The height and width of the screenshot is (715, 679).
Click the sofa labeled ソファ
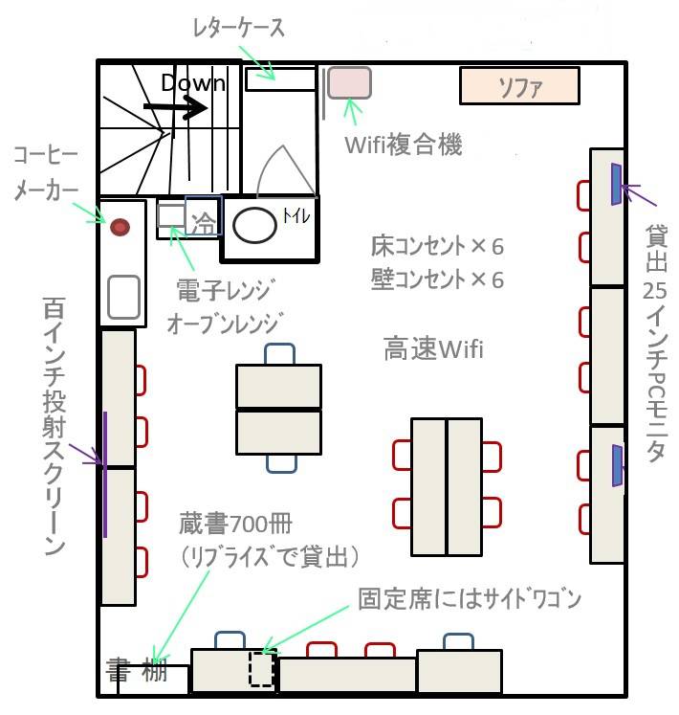tap(519, 86)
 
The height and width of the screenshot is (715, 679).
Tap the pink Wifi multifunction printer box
tap(349, 82)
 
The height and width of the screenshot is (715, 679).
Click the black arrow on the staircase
tap(175, 108)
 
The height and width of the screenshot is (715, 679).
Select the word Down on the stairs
tap(193, 83)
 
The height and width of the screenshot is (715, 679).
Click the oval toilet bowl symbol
tap(254, 225)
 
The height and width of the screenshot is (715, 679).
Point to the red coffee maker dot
tap(120, 227)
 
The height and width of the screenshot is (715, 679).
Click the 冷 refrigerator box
tap(204, 215)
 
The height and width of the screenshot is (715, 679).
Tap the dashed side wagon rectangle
tap(261, 669)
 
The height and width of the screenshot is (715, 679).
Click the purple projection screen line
tap(105, 474)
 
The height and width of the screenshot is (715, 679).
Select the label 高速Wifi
tap(433, 348)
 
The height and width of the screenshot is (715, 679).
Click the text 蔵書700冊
tap(235, 524)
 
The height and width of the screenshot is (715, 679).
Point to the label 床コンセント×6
tap(437, 246)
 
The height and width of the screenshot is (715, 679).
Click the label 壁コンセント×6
tap(437, 279)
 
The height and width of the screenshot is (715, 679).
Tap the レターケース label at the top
tap(239, 28)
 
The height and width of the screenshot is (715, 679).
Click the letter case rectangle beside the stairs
tap(281, 78)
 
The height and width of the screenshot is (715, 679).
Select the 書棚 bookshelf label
tap(137, 670)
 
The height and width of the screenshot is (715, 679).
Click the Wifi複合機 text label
tap(404, 145)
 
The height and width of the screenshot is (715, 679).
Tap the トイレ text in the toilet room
tap(296, 215)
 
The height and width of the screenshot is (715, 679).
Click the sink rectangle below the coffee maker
tap(124, 298)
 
